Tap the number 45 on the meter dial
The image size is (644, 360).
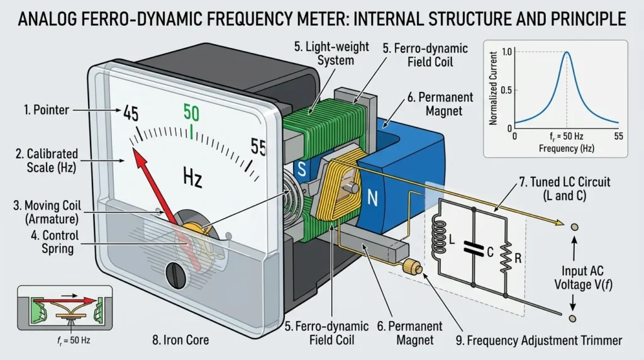pos(131,113)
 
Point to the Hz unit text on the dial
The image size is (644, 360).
pos(192,177)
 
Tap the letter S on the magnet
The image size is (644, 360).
pos(302,169)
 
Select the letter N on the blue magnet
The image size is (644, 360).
pos(372,198)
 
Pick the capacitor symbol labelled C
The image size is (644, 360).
pos(474,247)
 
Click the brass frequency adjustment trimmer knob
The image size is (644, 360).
pos(413,267)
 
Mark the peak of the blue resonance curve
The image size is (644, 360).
pos(567,52)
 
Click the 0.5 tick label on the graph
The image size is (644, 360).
pos(507,90)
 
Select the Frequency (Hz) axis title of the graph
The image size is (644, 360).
pos(567,149)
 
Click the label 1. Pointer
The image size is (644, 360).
pos(47,110)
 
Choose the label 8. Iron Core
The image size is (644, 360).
pos(180,340)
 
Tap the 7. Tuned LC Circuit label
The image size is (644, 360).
pos(565,182)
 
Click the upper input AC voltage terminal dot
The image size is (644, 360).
pos(575,227)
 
